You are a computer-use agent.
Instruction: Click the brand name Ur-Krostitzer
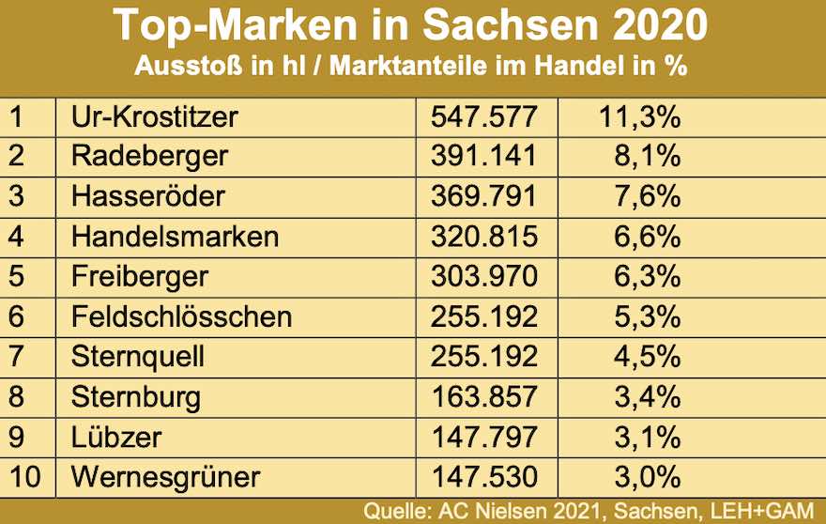155,117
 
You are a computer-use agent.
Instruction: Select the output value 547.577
484,117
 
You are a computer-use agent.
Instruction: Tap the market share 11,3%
638,117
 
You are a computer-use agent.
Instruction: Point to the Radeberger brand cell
149,157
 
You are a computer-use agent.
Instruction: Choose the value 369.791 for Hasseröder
484,196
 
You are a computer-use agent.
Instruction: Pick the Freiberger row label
140,277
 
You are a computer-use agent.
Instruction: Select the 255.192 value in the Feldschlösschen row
484,316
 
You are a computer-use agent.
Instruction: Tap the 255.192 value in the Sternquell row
484,357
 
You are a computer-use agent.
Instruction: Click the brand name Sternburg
136,397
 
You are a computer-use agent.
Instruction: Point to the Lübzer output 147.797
484,437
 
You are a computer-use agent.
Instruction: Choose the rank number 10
26,476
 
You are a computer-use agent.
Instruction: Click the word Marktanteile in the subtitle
431,67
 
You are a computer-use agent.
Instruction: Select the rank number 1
16,117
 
